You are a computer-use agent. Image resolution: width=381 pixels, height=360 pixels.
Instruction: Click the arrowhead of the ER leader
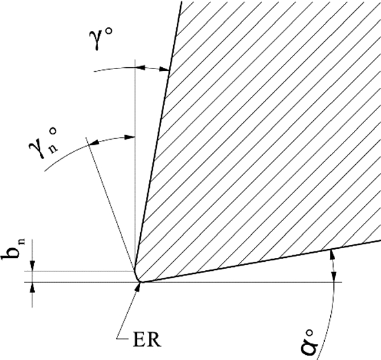click(x=137, y=286)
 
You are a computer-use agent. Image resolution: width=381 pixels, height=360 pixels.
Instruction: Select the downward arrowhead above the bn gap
click(x=32, y=268)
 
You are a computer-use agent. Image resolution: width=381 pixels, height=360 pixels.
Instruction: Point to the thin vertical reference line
click(x=134, y=194)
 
